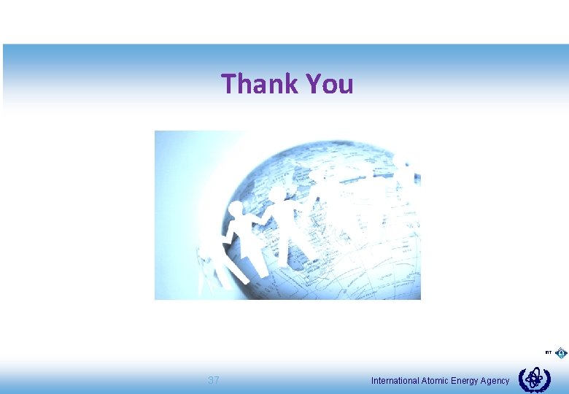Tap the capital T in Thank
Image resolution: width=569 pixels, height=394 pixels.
[x=228, y=84]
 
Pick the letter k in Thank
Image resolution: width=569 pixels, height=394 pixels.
[x=293, y=84]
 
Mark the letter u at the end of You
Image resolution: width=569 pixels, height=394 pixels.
[x=346, y=86]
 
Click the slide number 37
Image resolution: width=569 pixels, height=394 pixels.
[x=214, y=380]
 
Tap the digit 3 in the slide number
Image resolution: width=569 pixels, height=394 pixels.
[x=211, y=380]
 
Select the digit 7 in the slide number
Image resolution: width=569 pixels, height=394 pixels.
[x=217, y=380]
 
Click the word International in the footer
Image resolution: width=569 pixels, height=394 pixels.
[x=395, y=381]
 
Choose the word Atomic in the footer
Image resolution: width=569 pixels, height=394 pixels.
[x=436, y=381]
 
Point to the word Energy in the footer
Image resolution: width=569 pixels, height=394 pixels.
[x=467, y=381]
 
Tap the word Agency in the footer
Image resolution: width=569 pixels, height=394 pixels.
[x=496, y=381]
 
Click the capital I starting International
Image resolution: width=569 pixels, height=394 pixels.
[x=373, y=381]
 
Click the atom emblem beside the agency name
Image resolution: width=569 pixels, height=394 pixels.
[x=534, y=379]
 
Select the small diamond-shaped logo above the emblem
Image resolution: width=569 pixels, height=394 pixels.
[x=561, y=353]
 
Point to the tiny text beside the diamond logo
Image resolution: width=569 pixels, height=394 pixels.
[x=548, y=353]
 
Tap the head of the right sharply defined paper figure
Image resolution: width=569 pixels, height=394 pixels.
[x=278, y=194]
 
